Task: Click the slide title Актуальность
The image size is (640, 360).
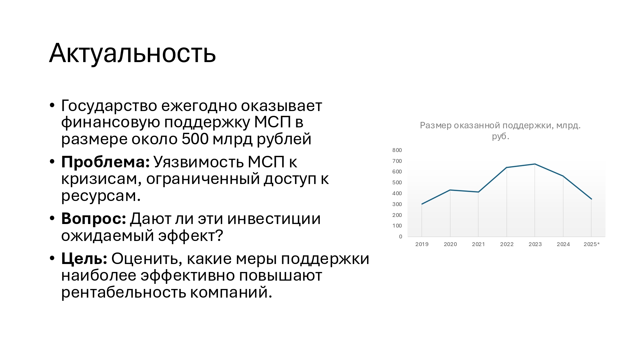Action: click(x=132, y=53)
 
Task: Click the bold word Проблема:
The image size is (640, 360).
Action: click(x=105, y=162)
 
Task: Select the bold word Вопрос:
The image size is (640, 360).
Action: click(x=94, y=219)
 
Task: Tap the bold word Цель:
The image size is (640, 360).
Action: click(x=84, y=259)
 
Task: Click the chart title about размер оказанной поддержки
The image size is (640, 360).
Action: click(x=500, y=131)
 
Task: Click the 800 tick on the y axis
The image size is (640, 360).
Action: click(x=397, y=150)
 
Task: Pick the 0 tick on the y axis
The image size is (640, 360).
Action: click(x=401, y=236)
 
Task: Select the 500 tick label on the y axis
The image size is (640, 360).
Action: click(x=397, y=182)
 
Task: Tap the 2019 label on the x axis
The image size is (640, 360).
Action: click(x=422, y=244)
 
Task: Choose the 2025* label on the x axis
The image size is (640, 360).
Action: click(x=592, y=244)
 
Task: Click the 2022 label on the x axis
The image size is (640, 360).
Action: click(x=507, y=244)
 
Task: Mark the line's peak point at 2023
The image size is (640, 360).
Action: click(x=535, y=164)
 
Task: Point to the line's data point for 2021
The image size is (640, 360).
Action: click(x=478, y=192)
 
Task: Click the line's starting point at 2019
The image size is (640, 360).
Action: click(x=422, y=204)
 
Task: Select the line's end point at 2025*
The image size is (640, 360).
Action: click(x=591, y=199)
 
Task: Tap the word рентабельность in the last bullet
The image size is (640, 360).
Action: click(x=124, y=292)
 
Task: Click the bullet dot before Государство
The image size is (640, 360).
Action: click(x=52, y=105)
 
